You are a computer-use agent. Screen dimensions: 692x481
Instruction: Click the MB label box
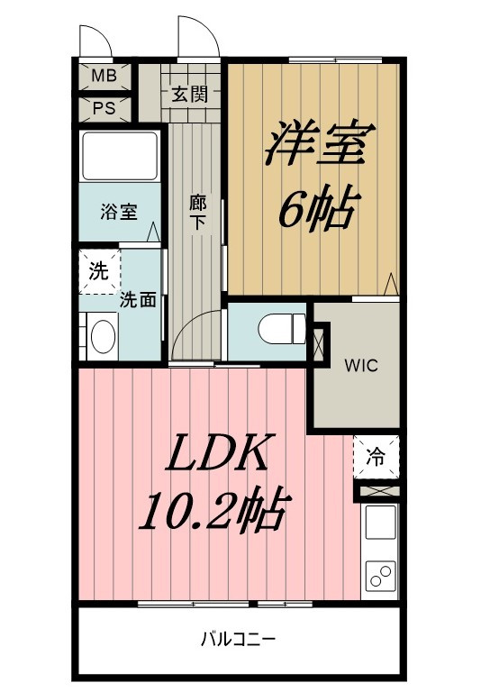pos(104,76)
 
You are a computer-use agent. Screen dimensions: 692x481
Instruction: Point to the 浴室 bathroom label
pos(118,213)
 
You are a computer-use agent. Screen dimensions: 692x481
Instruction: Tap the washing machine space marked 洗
pos(98,271)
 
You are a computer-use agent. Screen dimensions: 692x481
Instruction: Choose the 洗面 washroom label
pos(139,299)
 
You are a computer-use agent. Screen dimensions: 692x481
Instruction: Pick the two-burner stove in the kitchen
pos(380,574)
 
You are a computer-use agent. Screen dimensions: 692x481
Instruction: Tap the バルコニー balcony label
pos(239,640)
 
